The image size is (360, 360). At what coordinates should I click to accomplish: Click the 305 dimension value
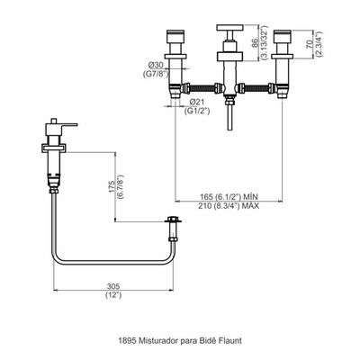coord(113,286)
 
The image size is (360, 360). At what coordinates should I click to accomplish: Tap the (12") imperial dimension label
coord(113,295)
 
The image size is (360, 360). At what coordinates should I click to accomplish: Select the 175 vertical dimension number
coord(112,186)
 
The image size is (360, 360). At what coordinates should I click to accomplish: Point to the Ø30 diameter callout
coord(156,65)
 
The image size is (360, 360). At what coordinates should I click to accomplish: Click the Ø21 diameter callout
coord(197,102)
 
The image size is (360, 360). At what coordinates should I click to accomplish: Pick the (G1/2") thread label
coord(197,111)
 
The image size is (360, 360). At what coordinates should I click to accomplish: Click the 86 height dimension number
coord(254,44)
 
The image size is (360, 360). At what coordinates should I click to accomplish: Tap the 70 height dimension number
coord(309,44)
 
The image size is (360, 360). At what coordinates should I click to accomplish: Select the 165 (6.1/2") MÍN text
coord(229,197)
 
